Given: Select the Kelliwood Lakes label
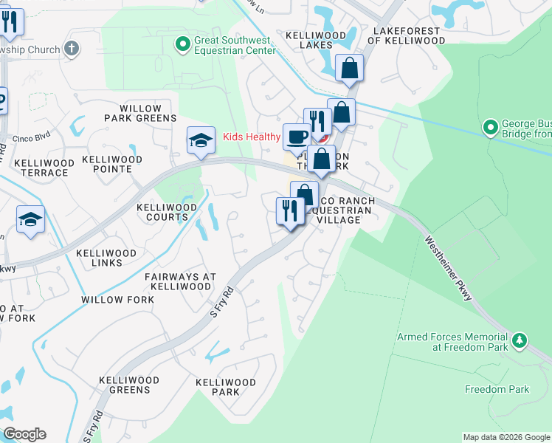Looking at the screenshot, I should pyautogui.click(x=314, y=40).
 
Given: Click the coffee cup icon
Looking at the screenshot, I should pyautogui.click(x=297, y=137).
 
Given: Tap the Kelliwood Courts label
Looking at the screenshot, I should pyautogui.click(x=162, y=213).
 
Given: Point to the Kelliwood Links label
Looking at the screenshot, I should pyautogui.click(x=106, y=258).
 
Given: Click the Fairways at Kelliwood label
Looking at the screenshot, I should pyautogui.click(x=180, y=281).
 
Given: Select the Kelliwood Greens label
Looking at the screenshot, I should pyautogui.click(x=129, y=385).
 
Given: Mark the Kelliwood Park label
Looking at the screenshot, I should pyautogui.click(x=225, y=387).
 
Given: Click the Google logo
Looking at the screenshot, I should pyautogui.click(x=24, y=434).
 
